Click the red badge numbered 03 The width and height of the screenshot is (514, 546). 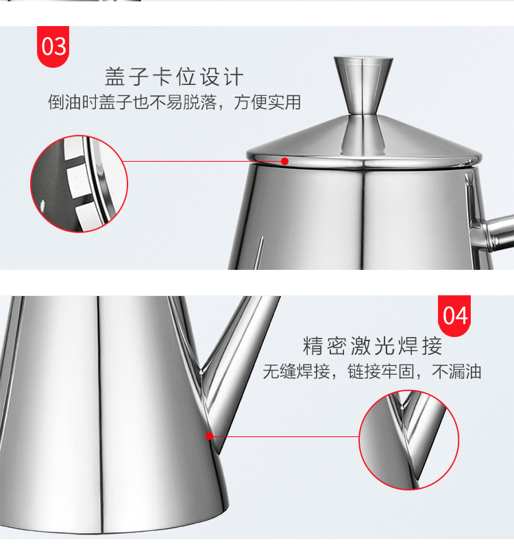(x=53, y=47)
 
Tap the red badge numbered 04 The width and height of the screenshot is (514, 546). (x=454, y=316)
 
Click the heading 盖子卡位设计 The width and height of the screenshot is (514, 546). (x=174, y=77)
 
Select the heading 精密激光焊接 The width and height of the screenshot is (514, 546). (x=372, y=346)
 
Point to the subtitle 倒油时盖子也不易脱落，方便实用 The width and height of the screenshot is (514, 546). (x=174, y=102)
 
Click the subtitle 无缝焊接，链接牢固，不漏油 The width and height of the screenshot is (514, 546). (x=372, y=371)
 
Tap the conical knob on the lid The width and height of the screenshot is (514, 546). (x=363, y=86)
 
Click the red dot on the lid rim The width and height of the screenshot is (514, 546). (x=285, y=161)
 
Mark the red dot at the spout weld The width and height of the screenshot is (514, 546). (x=209, y=436)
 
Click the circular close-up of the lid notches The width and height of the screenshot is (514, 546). (x=79, y=184)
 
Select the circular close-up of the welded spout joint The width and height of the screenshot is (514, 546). (x=409, y=440)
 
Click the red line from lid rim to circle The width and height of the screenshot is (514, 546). (x=204, y=161)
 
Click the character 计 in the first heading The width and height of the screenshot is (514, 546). (x=233, y=77)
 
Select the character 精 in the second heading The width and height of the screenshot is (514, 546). (x=313, y=346)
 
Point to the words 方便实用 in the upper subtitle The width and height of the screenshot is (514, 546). (x=267, y=102)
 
